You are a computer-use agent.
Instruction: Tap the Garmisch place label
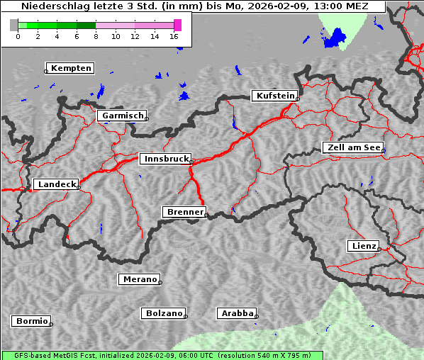tap(123, 116)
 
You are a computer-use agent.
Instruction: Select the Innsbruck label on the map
tap(165, 159)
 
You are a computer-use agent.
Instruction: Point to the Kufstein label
tap(274, 96)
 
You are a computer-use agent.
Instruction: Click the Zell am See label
tap(353, 147)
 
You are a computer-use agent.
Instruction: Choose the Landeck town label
tap(56, 184)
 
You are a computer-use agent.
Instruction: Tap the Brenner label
tap(184, 212)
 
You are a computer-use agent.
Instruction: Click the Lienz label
tap(364, 246)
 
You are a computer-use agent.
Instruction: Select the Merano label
tap(139, 280)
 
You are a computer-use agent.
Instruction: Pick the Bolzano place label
tap(164, 313)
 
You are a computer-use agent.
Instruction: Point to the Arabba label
tap(236, 313)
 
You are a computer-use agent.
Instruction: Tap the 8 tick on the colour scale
tap(96, 35)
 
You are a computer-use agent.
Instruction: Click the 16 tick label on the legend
tap(174, 35)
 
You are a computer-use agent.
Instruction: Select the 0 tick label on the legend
tap(18, 35)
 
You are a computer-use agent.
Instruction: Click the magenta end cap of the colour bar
tap(177, 25)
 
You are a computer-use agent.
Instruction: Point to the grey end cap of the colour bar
tap(13, 25)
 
